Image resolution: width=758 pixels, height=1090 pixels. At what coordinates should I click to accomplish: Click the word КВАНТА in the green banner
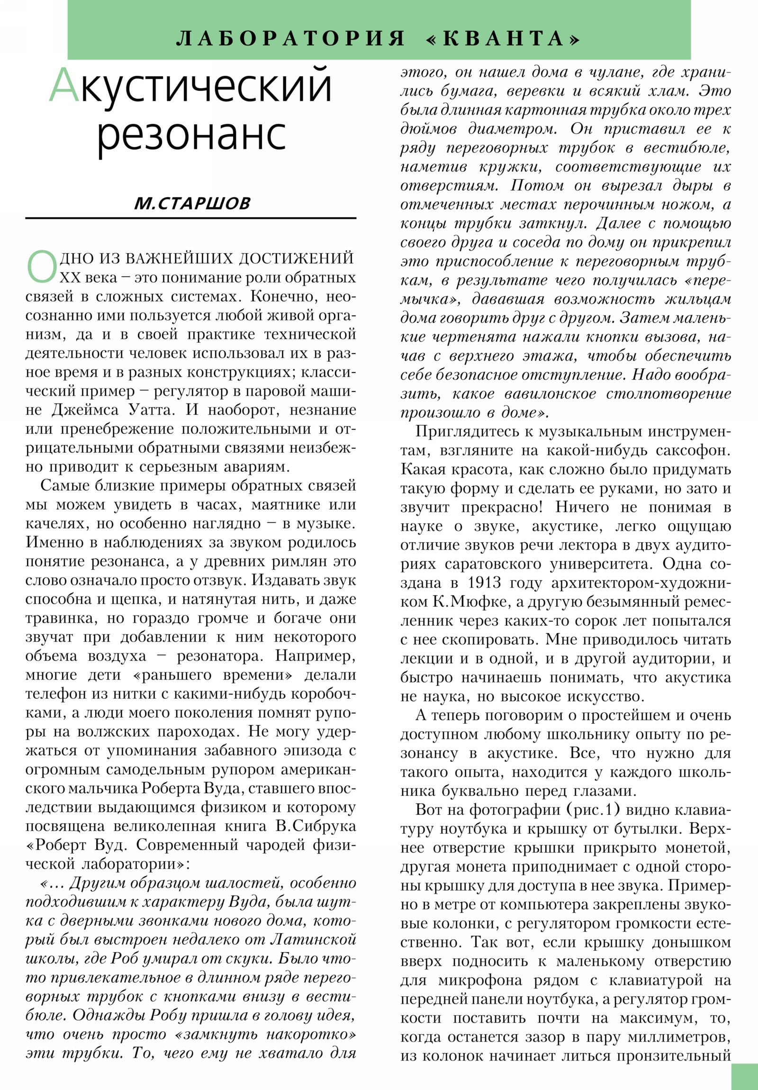tap(503, 38)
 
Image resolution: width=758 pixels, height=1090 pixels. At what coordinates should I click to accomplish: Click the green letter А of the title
tap(63, 85)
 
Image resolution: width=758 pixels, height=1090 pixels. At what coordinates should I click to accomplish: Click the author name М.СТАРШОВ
tap(192, 203)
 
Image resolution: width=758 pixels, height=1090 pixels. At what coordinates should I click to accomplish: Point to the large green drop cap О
tap(42, 267)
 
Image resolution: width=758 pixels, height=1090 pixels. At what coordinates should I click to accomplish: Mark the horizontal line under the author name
tap(190, 218)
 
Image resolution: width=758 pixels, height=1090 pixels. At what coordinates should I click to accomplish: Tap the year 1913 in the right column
tap(484, 582)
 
